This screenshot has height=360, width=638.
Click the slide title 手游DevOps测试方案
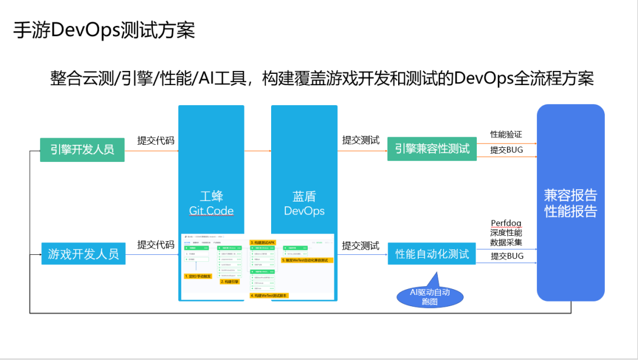click(x=104, y=30)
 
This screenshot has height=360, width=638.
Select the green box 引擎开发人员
click(x=82, y=150)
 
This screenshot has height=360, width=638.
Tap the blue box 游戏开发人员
click(x=83, y=254)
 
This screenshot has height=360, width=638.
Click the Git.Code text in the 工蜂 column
click(x=211, y=211)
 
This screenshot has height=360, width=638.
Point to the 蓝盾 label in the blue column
click(x=304, y=196)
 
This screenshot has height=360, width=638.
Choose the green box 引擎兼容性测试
click(x=432, y=149)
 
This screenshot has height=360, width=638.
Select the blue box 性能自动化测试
click(x=432, y=254)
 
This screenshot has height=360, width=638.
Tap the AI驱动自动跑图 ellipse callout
click(x=430, y=297)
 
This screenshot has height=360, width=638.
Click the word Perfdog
click(x=506, y=223)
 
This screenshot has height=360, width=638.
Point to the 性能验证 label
click(x=506, y=135)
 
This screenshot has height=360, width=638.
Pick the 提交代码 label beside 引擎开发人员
click(x=156, y=140)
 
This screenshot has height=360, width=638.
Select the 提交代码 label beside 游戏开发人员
click(x=156, y=245)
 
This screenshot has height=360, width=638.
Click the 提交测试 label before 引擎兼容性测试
click(x=361, y=140)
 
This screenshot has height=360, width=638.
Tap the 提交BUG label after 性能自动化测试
click(x=507, y=256)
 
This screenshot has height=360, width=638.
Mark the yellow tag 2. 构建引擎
click(x=230, y=282)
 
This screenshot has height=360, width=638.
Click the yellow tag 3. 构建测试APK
click(x=263, y=242)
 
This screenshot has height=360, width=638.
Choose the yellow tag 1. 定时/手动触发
click(x=198, y=276)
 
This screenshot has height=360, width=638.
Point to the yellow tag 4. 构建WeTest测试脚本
click(x=269, y=295)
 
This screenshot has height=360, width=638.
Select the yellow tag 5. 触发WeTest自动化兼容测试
click(x=307, y=260)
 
